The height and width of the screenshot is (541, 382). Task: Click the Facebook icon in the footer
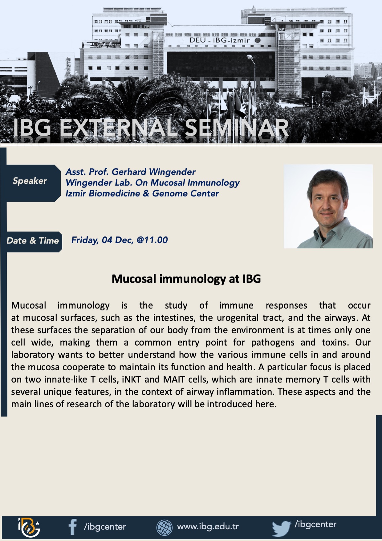point(73,527)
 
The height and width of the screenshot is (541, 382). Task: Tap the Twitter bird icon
point(282,528)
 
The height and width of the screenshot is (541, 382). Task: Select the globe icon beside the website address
point(165,527)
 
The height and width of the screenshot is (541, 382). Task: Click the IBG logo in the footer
point(29,527)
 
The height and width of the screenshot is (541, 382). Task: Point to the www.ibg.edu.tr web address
point(208,527)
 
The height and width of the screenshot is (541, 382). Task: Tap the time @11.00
point(152,240)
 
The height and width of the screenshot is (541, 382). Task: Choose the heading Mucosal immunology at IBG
point(186,279)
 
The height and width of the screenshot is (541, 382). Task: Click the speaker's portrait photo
point(328,206)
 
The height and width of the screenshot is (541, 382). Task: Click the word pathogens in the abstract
point(273,343)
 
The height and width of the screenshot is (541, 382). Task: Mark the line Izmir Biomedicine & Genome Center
point(142,194)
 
